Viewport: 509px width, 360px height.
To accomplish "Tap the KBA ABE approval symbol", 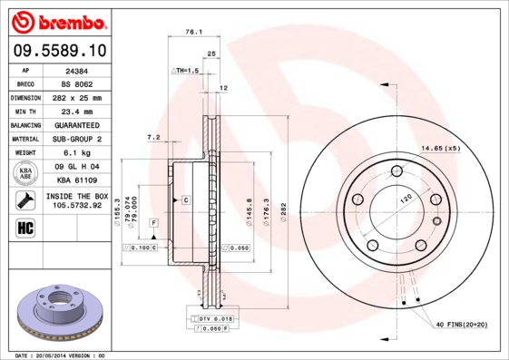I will tap(24, 174).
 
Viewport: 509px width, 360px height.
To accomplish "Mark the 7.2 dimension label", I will tap(153, 137).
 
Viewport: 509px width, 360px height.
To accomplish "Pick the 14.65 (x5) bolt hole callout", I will tap(439, 147).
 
